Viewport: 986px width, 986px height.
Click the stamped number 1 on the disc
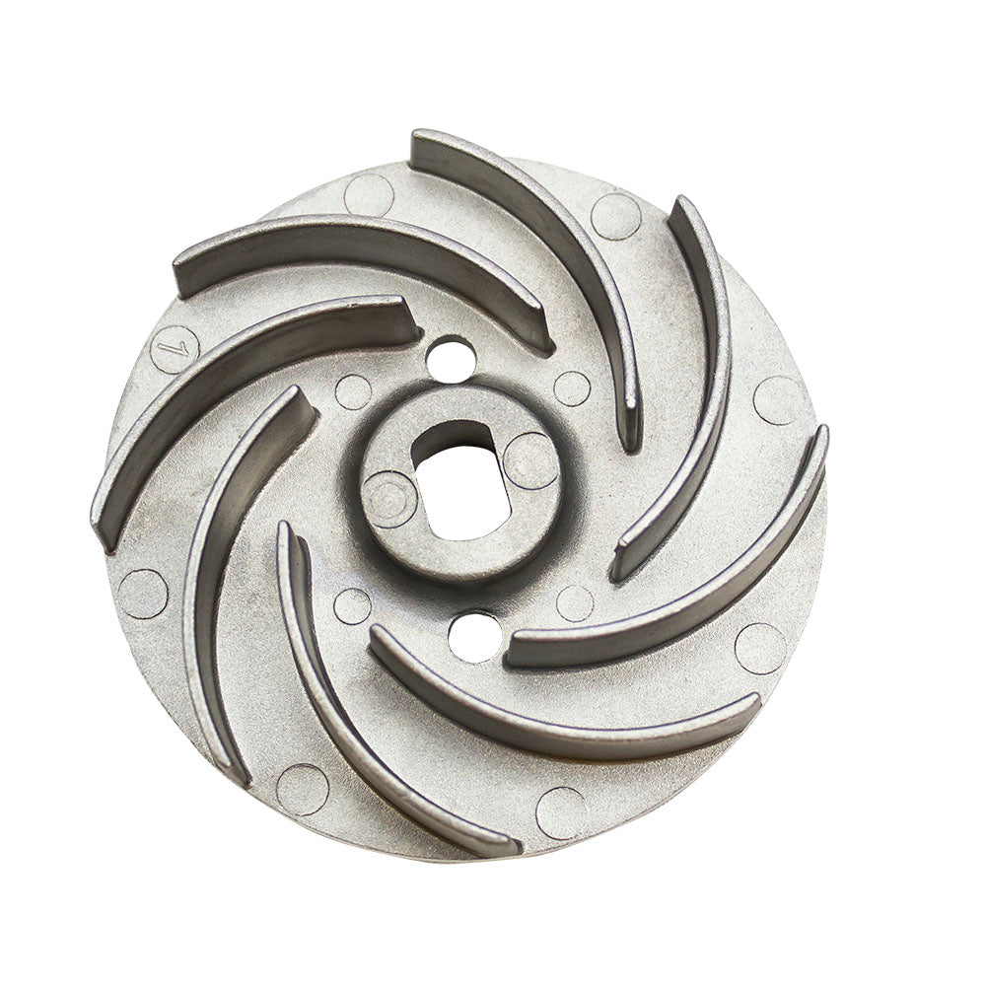pos(170,345)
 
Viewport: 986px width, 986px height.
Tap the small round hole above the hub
pos(451,357)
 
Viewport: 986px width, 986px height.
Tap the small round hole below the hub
pos(475,636)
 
